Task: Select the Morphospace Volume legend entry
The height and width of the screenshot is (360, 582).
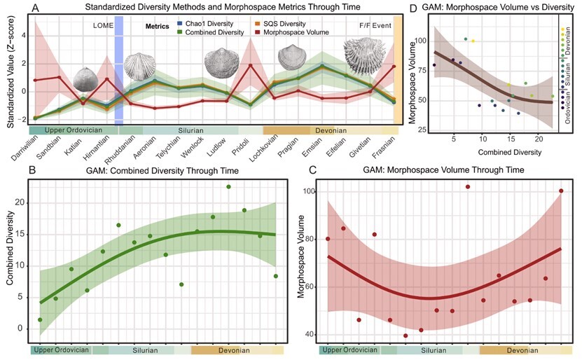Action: (x=293, y=32)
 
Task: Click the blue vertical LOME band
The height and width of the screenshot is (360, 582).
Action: (x=119, y=70)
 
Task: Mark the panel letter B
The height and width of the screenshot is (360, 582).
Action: (x=32, y=170)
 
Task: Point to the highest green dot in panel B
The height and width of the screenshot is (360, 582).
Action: (x=228, y=186)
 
